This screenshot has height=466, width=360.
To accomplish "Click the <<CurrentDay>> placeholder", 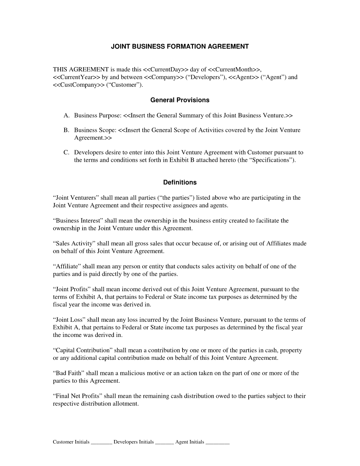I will click(x=166, y=70).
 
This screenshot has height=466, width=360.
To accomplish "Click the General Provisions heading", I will click(x=180, y=100).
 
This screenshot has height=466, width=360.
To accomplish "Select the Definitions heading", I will click(x=180, y=183).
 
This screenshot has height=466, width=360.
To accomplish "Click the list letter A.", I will click(x=66, y=115).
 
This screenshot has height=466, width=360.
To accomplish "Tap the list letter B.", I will click(x=66, y=130).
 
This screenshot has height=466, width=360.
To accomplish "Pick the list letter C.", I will click(x=66, y=153).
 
